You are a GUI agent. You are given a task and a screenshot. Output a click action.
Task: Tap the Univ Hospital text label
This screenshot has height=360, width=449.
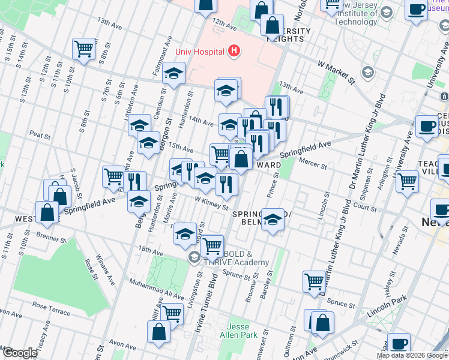200,52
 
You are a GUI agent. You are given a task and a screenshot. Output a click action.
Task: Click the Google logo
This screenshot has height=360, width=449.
19,353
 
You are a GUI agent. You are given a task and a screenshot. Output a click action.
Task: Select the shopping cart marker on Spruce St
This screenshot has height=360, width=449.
314,282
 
